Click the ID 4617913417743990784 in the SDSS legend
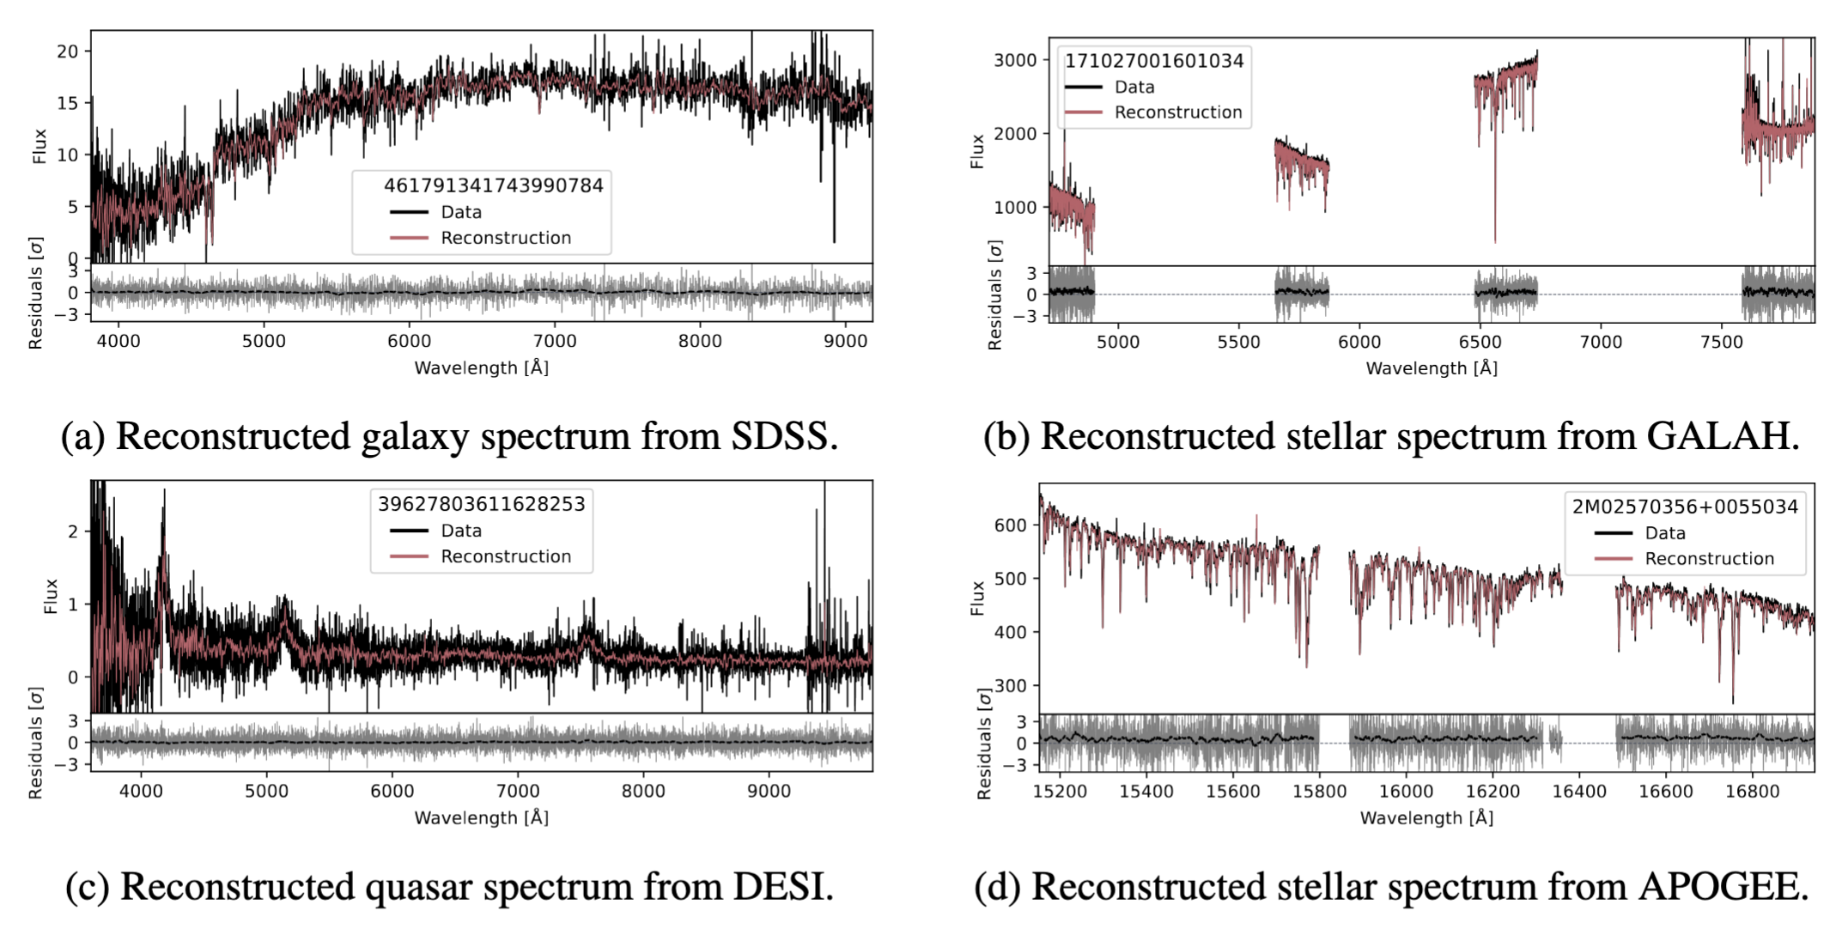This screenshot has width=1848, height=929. click(493, 185)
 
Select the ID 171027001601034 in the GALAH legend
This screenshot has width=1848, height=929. click(1153, 61)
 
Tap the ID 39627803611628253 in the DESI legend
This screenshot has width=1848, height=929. click(481, 504)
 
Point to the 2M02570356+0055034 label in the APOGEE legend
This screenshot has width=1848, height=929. click(1684, 507)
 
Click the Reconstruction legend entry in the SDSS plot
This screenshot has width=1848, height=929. click(505, 238)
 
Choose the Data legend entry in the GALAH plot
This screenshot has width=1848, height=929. click(1134, 87)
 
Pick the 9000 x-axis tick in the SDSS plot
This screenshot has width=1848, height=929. click(845, 341)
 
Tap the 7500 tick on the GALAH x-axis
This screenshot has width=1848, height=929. click(1722, 342)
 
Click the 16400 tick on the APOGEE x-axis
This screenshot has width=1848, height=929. click(1578, 791)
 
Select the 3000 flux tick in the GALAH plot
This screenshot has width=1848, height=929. click(1015, 60)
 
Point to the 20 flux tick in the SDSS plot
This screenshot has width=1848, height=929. click(67, 52)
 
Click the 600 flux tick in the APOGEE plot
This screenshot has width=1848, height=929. click(1010, 525)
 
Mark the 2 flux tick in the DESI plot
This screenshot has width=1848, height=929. click(73, 531)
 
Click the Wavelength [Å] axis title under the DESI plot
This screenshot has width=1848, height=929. click(481, 817)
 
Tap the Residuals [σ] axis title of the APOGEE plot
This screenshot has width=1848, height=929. click(984, 744)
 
